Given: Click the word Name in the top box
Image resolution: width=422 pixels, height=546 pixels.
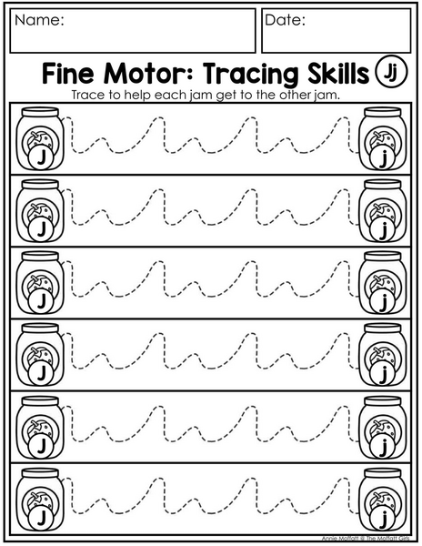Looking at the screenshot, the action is click(x=37, y=20).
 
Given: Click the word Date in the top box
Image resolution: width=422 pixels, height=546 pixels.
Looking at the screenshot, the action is click(x=283, y=20).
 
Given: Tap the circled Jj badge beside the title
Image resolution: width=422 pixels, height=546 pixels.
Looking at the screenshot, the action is click(x=391, y=72).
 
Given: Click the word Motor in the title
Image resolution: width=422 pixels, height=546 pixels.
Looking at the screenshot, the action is click(x=146, y=74).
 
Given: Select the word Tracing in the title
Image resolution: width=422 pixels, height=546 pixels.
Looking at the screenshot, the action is click(x=250, y=75).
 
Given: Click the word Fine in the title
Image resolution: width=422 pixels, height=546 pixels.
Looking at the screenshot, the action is click(x=68, y=74).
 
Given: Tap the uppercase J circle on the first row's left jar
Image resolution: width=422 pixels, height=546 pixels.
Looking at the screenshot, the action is click(x=41, y=158).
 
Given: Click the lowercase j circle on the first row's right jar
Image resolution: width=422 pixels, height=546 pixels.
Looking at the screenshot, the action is click(x=382, y=158).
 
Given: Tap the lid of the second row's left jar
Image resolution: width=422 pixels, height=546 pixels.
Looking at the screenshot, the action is click(x=40, y=184).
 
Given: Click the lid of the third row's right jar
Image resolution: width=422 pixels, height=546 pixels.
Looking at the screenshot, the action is click(x=383, y=257).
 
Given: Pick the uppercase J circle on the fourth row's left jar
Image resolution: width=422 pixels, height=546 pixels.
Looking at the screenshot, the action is click(x=41, y=373).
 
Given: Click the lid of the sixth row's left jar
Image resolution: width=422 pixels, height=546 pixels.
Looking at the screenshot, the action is click(x=40, y=473).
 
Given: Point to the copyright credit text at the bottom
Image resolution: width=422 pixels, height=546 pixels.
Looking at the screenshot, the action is click(x=365, y=539).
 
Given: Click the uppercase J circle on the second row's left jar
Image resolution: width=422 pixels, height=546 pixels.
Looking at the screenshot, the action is click(x=41, y=229).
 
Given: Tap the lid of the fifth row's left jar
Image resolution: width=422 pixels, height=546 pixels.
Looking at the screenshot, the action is click(x=40, y=400).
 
